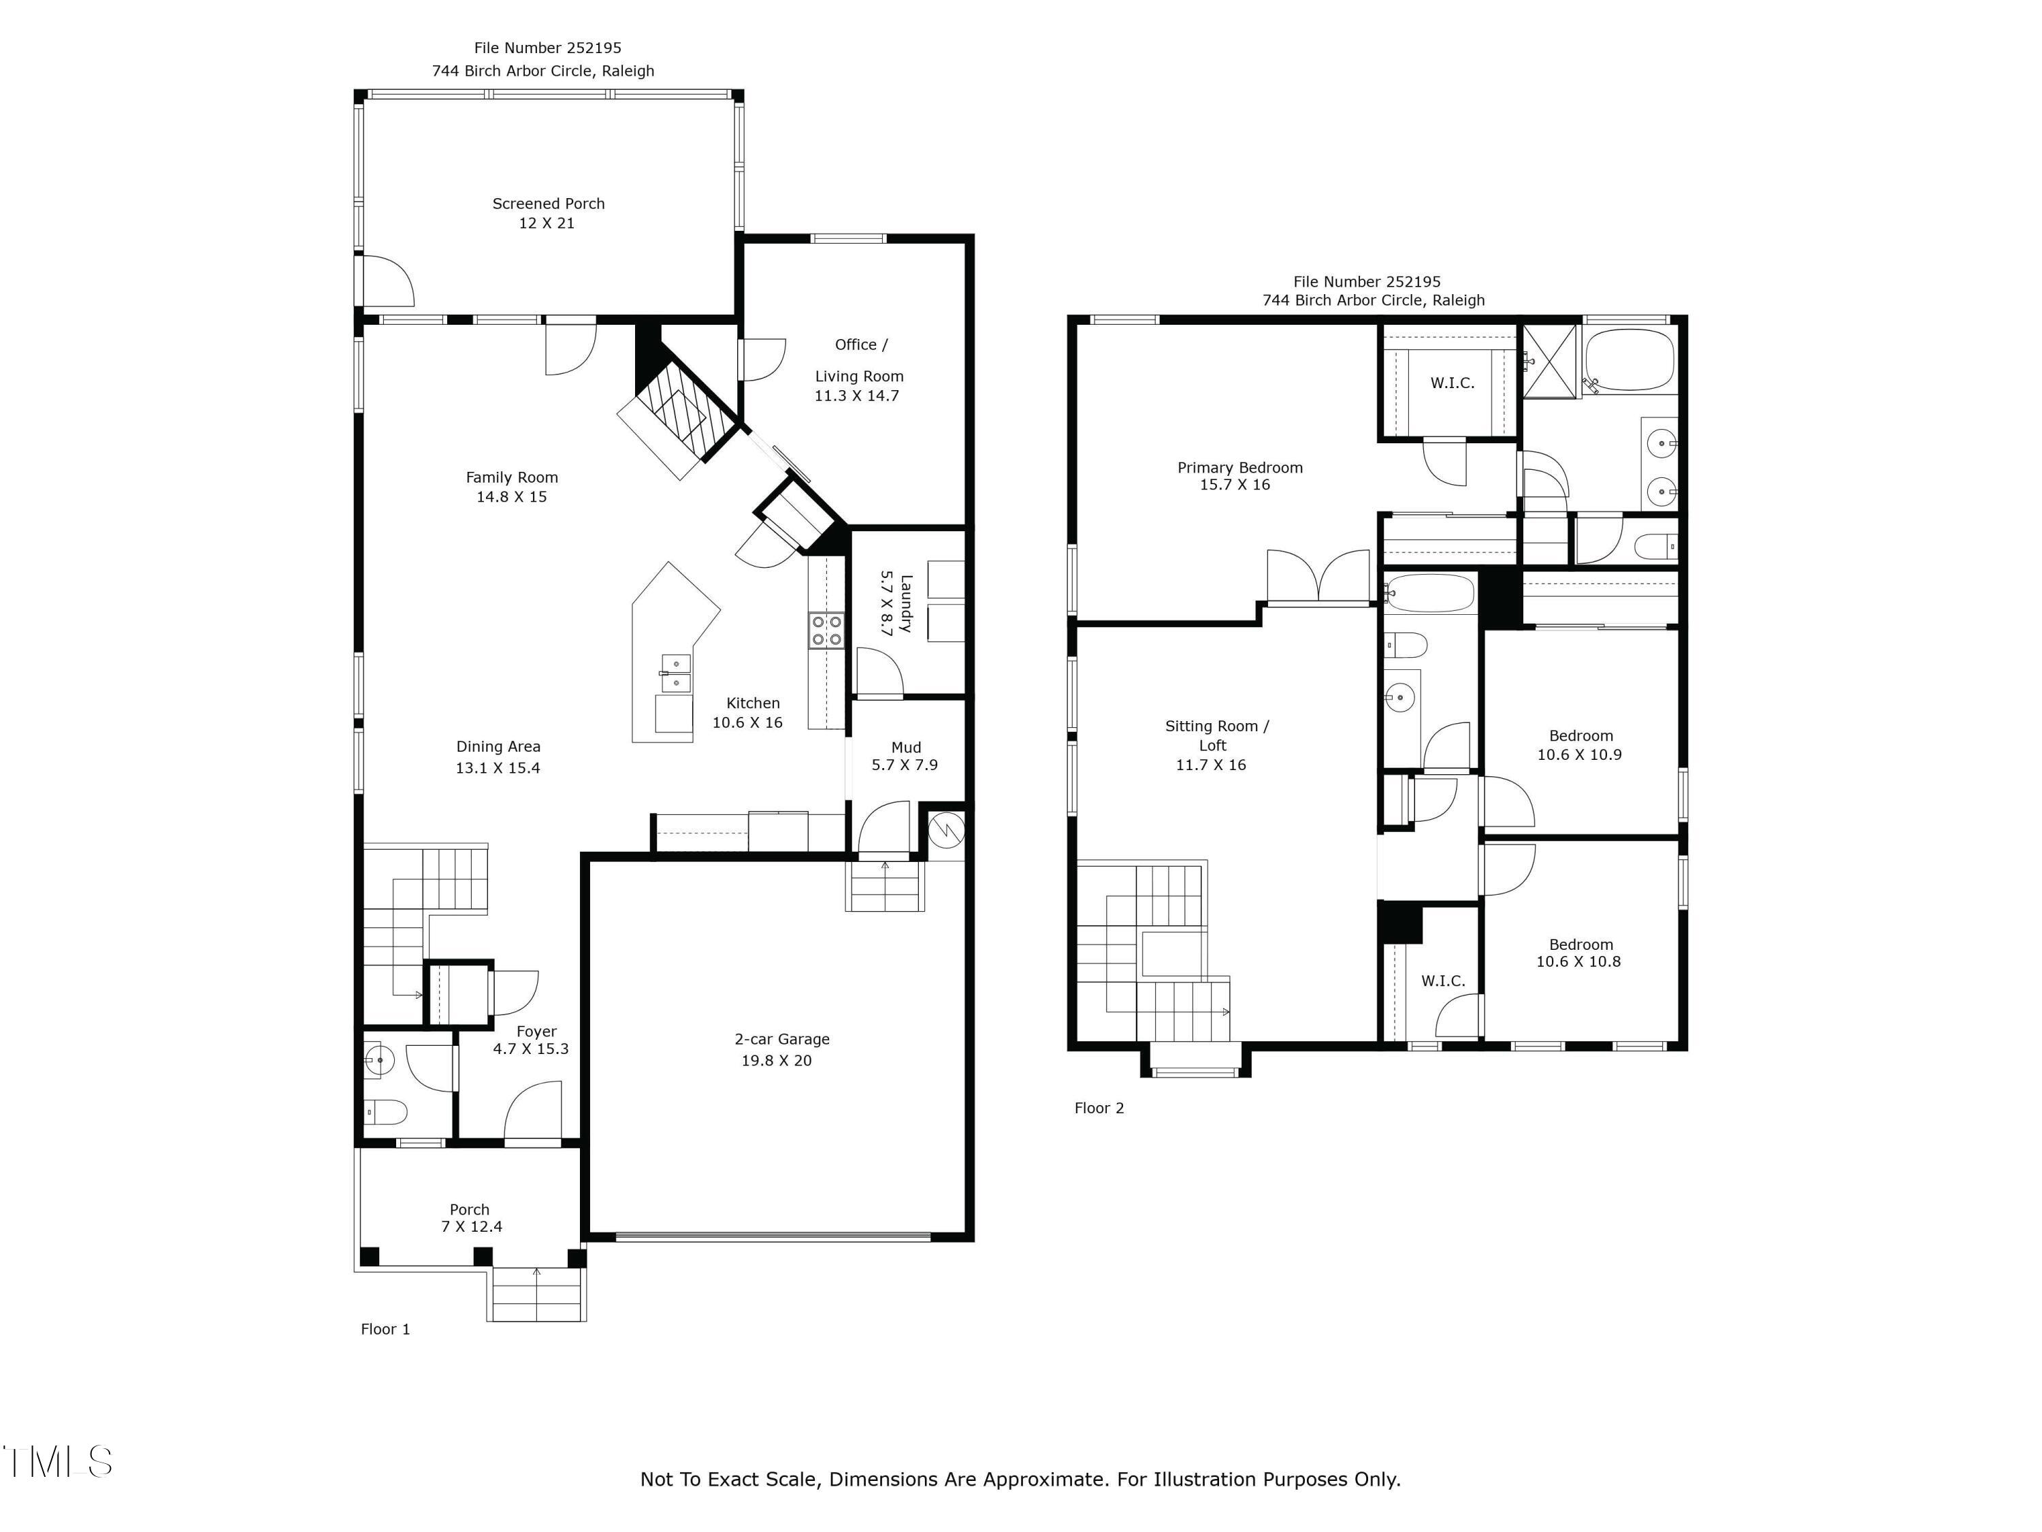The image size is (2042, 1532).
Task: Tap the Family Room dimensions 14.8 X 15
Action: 511,497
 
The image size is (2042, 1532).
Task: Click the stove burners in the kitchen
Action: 826,631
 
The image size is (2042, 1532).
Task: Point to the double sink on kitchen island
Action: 676,673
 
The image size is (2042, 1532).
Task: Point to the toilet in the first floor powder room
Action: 386,1113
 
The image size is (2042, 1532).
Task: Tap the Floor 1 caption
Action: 385,1329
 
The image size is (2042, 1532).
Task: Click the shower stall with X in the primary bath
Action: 1550,361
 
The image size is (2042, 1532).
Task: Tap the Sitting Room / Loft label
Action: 1216,727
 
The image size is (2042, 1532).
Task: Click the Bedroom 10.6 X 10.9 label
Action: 1580,745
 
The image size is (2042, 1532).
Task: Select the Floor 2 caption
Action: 1099,1108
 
